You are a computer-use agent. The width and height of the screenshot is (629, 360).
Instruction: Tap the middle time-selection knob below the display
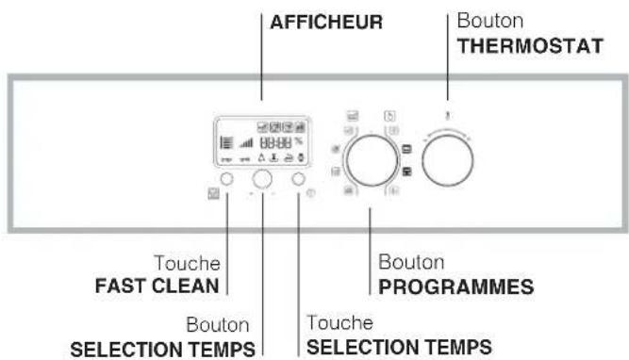[264, 179]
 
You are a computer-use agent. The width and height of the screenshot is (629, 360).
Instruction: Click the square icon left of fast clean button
[213, 196]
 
